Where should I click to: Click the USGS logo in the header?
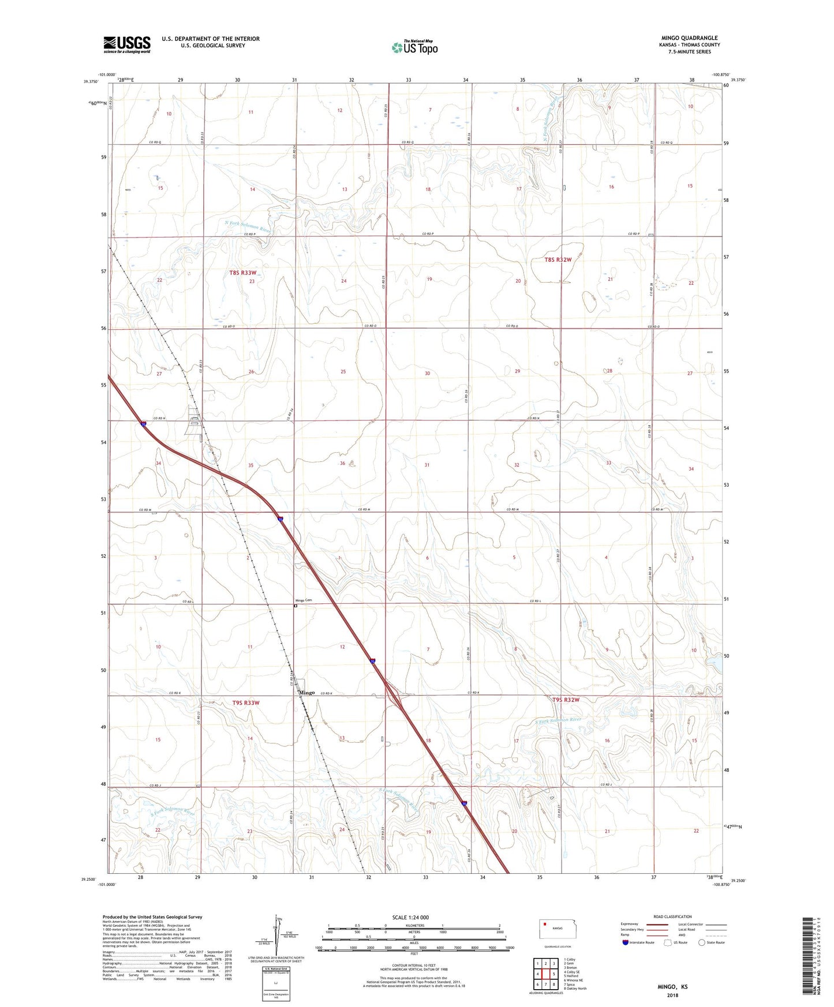[127, 44]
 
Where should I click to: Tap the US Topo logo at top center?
[414, 47]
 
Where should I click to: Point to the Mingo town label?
[306, 693]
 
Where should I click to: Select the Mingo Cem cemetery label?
[304, 600]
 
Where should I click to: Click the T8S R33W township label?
[242, 272]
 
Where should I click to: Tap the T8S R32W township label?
[558, 260]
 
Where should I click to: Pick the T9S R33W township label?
[246, 703]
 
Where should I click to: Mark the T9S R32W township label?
[565, 700]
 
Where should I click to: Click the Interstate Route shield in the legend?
[626, 942]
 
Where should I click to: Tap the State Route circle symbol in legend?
[702, 942]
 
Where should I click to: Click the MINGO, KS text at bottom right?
[672, 987]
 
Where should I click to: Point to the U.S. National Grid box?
[275, 984]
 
